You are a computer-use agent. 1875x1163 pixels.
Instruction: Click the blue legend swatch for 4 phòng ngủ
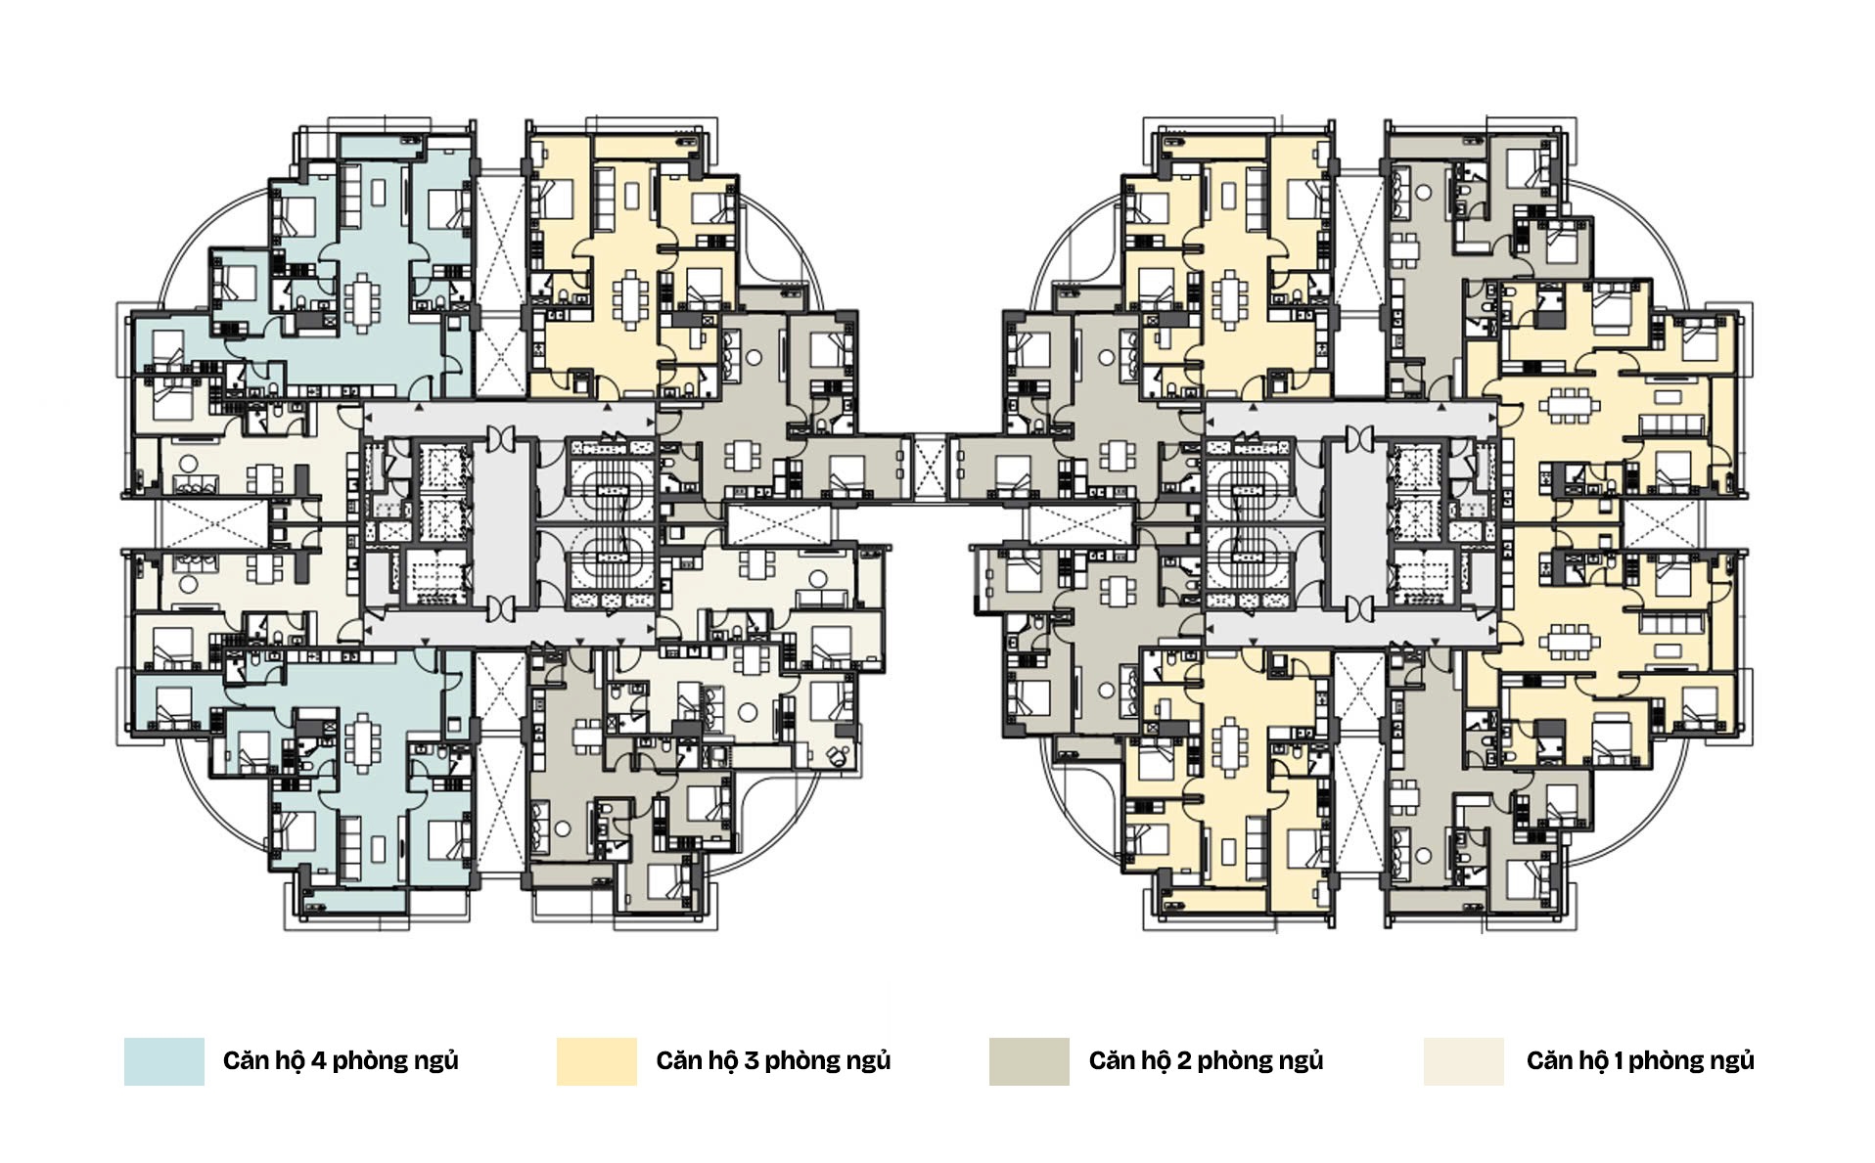163,1061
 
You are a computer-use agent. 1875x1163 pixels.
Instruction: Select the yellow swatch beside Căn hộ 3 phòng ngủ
596,1061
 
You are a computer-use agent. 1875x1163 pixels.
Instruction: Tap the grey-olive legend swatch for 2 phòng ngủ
1029,1061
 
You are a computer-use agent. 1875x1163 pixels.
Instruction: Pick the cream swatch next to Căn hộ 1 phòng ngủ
1463,1061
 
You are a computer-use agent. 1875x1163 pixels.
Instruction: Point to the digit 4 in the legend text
318,1061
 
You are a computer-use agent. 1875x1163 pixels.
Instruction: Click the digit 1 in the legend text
1618,1061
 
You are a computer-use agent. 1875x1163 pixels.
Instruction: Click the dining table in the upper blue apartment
362,301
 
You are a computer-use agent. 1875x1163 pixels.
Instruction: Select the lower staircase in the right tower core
1248,561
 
